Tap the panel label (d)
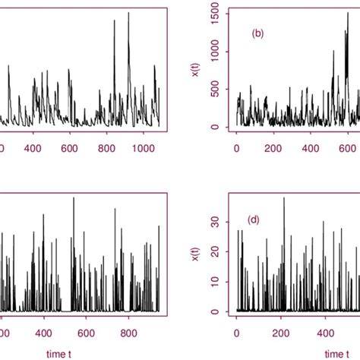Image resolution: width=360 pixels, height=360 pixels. coord(254,219)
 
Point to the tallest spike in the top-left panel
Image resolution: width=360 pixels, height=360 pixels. coord(115,21)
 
